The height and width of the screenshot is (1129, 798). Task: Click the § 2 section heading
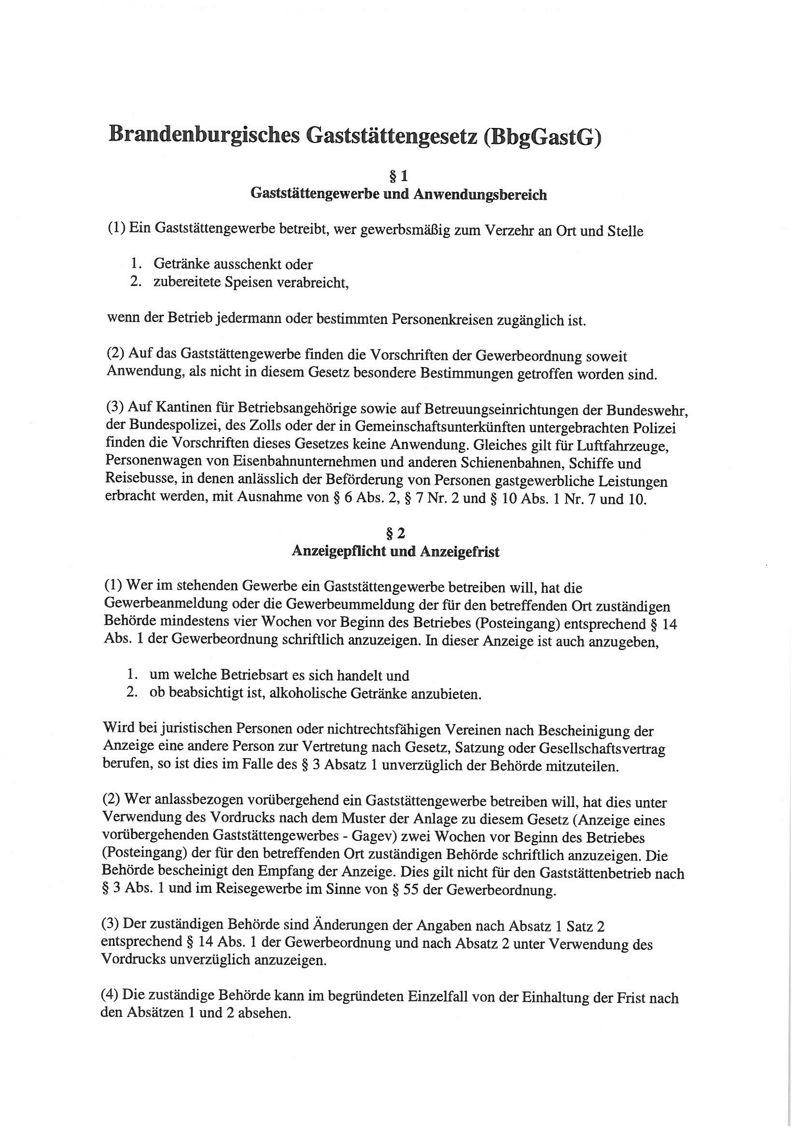[x=395, y=533]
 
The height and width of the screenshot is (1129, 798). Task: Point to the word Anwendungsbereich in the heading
[x=480, y=195]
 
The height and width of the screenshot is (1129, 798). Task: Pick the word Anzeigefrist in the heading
[x=460, y=552]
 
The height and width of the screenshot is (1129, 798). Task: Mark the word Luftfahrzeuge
[x=617, y=446]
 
